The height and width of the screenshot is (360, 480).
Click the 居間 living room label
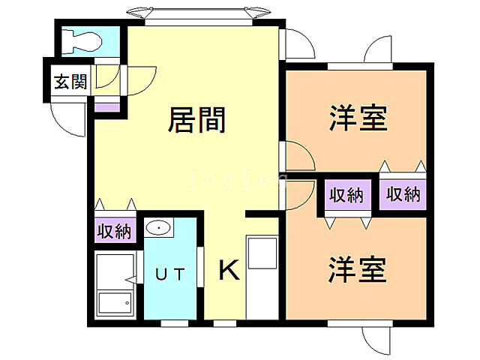click(197, 120)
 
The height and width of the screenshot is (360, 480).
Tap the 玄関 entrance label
click(70, 81)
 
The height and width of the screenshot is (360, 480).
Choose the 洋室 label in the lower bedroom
click(357, 269)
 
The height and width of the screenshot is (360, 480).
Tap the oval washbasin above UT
click(158, 227)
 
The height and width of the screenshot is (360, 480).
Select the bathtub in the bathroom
click(115, 303)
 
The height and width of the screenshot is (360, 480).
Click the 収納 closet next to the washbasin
click(114, 231)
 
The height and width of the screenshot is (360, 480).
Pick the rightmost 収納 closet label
click(403, 194)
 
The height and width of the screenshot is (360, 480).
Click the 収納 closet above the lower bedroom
click(346, 196)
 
